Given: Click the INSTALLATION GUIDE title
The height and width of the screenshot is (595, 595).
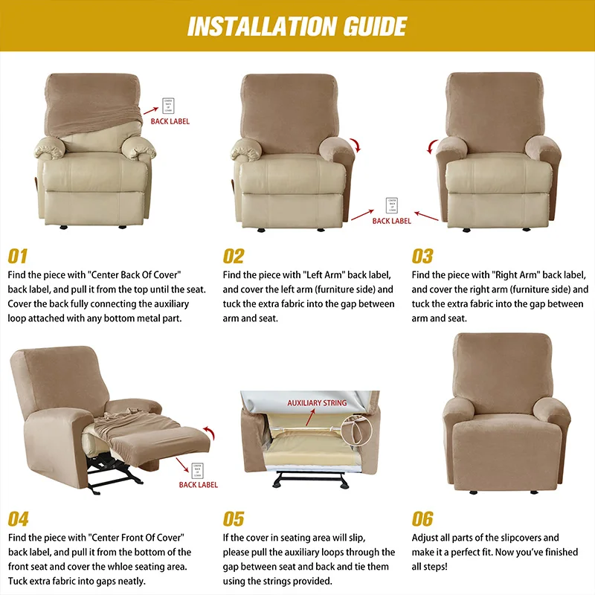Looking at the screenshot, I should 297,27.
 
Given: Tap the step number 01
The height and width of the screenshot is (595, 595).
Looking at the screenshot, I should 18,257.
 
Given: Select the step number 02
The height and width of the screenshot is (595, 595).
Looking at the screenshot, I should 234,257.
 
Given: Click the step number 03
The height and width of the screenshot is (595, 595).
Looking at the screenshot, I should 422,257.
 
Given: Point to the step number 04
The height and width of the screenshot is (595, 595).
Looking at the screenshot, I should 19,519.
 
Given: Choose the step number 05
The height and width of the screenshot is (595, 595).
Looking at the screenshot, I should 234,519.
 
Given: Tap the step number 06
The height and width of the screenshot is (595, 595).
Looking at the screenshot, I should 422,519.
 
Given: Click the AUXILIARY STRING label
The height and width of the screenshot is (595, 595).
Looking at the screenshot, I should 317,403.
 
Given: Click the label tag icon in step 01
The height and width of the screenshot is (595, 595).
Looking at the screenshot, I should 170,103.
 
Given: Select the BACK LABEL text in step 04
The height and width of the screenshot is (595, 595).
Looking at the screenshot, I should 199,485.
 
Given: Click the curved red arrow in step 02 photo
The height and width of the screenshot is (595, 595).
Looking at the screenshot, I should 357,144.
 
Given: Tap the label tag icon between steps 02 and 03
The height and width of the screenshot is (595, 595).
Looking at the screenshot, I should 391,205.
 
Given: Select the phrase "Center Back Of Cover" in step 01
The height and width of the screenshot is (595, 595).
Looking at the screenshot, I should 135,275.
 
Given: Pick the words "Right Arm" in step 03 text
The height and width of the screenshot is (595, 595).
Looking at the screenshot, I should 512,275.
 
